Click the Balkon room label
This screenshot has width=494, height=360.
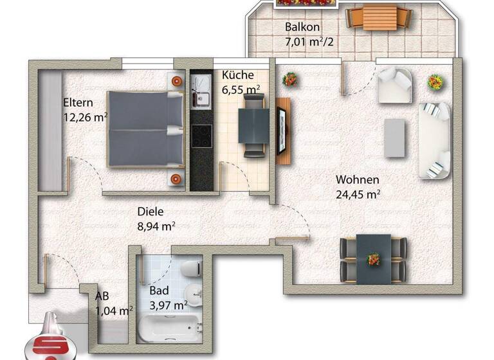pos(302,28)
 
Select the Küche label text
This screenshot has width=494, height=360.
pos(237,75)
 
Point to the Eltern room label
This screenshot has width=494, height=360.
pos(78,102)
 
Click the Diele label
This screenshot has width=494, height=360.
pos(151,211)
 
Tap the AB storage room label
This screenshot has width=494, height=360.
pos(102,297)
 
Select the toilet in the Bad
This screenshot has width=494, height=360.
pos(190,269)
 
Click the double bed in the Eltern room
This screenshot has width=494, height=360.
pos(145,129)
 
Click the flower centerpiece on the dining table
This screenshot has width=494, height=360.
pos(373,259)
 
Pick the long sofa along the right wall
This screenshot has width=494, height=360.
pos(435,139)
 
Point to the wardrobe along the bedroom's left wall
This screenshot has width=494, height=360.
pos(50,130)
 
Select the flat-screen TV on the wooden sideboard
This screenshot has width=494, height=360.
pos(280,131)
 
